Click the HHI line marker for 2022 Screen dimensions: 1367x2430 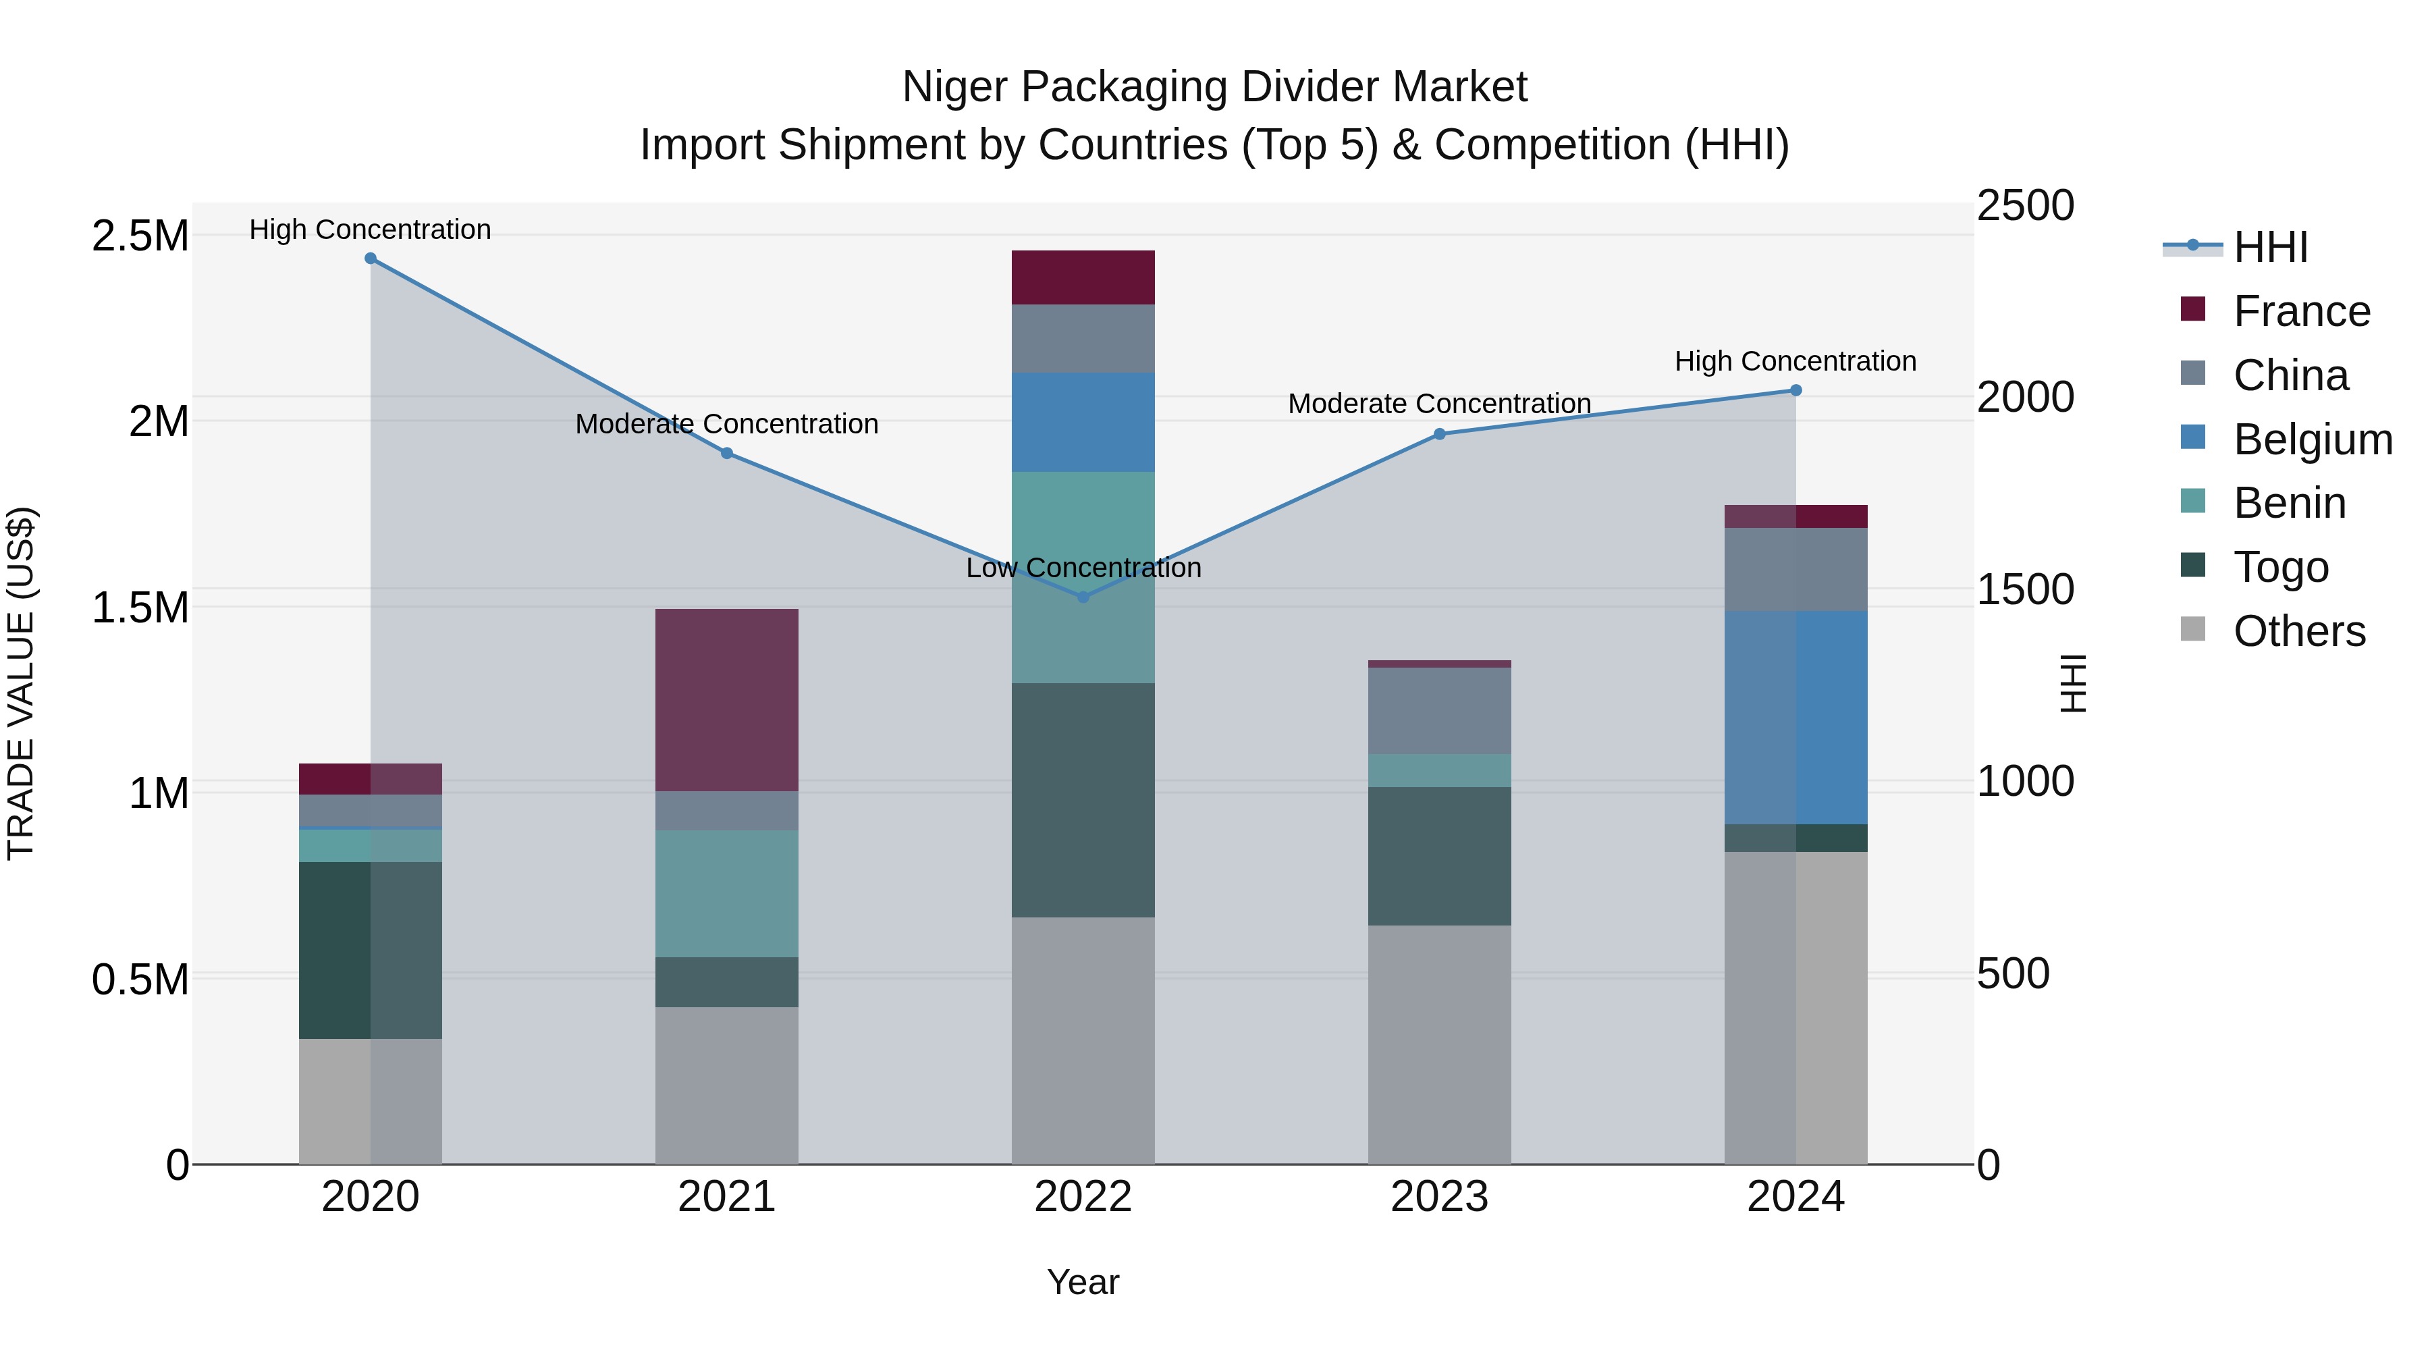click(x=1083, y=597)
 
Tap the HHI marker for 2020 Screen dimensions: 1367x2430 click(x=371, y=259)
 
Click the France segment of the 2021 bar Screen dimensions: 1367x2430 click(x=726, y=699)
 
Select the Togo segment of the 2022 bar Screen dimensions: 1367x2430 click(x=1083, y=800)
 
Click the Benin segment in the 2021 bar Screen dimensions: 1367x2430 click(x=726, y=892)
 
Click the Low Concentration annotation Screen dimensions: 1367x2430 click(x=1083, y=568)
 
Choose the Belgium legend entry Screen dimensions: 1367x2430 click(x=2311, y=439)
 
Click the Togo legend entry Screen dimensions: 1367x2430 click(x=2280, y=567)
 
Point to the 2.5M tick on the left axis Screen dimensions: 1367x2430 click(x=140, y=236)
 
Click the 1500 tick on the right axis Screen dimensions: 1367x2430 click(x=2024, y=589)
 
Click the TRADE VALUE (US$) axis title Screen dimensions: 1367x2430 click(x=22, y=682)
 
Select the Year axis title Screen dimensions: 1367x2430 click(x=1082, y=1282)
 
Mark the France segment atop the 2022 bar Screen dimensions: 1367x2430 click(x=1083, y=277)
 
